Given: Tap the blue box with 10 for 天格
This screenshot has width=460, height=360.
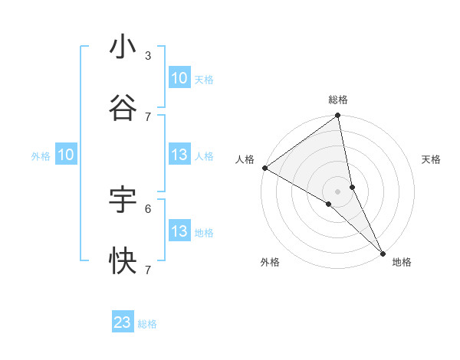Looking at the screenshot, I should (x=179, y=78).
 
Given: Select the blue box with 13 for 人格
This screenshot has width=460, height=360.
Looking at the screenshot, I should (x=179, y=155).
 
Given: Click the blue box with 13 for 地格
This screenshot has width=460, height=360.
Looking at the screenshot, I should (x=179, y=231).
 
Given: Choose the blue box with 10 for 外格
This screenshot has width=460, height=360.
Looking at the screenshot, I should (x=66, y=155).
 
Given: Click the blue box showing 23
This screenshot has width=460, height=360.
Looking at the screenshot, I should (x=123, y=322).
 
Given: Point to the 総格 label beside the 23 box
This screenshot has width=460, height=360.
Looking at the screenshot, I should (x=147, y=324).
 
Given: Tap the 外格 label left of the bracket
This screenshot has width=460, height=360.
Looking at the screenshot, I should (x=41, y=156).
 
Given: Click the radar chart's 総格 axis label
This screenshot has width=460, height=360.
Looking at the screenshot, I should (x=338, y=100).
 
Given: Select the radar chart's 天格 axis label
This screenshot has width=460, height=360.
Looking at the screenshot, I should (x=432, y=159).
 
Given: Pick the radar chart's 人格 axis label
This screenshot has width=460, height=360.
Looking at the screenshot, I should (x=245, y=159).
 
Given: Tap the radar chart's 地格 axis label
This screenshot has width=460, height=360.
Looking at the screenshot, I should (x=402, y=262).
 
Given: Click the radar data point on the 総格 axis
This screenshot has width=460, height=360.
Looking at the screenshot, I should (x=338, y=116).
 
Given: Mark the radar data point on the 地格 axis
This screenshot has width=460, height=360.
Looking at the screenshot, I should (x=382, y=252).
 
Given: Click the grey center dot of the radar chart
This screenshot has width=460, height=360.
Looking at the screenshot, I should (x=338, y=191).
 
